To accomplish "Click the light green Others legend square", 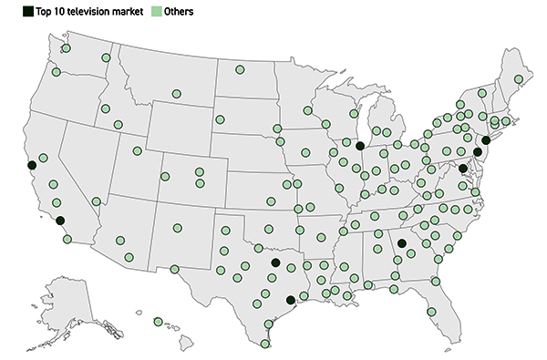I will [x=156, y=12].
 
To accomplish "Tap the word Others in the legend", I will [x=180, y=12].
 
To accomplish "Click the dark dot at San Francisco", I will [x=32, y=165].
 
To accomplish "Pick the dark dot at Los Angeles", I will [x=60, y=220].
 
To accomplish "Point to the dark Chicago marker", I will [x=360, y=145].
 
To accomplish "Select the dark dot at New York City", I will [x=486, y=140].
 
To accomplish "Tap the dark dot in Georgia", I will [x=400, y=243].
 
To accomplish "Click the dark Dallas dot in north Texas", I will [x=275, y=262].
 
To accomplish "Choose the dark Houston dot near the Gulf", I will [x=291, y=299].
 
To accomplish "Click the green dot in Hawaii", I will [x=158, y=321].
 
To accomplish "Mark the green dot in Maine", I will [x=518, y=79].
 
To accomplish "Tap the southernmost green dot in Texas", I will [x=265, y=344].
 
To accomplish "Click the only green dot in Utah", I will [x=137, y=151].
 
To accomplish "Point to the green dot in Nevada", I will [x=96, y=201].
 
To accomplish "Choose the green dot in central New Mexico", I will [x=178, y=228].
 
